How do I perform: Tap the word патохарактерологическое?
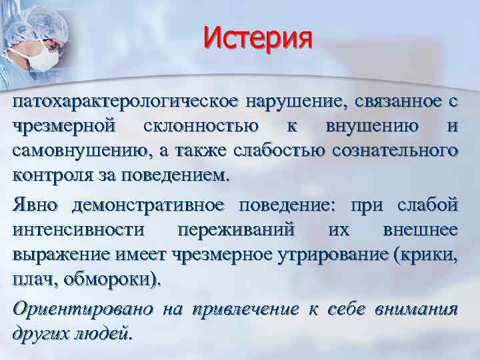click(x=126, y=102)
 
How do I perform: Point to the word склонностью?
click(x=209, y=127)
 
